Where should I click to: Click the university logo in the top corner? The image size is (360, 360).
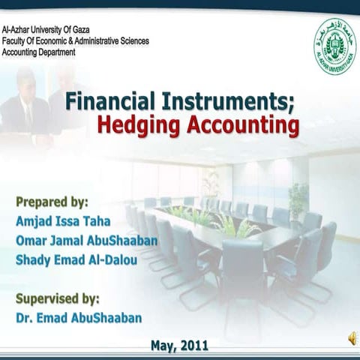(x=334, y=46)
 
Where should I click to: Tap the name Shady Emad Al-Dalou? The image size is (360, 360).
(x=76, y=260)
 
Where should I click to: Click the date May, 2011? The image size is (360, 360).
(x=179, y=346)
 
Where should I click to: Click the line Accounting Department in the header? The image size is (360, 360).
(x=38, y=52)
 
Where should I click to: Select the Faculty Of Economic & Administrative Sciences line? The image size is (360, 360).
(x=75, y=40)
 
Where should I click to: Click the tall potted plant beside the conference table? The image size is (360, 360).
(x=298, y=199)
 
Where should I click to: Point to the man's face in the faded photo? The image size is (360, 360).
(x=25, y=82)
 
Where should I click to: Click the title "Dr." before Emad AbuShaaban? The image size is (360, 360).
(x=24, y=317)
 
